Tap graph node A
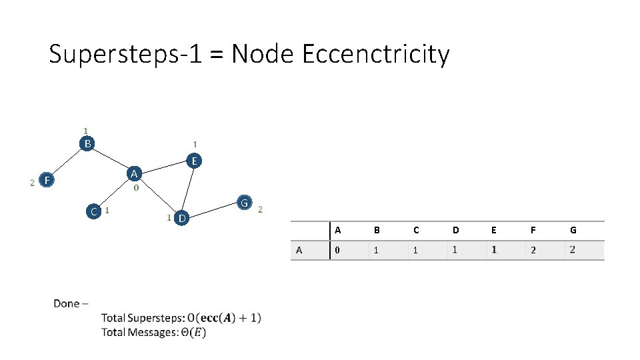135,174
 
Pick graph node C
94,211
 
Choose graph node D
181,218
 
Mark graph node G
245,203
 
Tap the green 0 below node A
136,188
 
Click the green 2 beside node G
260,209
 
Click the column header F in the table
533,231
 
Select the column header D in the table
455,231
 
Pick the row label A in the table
299,251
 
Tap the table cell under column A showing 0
337,251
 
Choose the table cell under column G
573,250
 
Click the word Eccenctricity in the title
376,54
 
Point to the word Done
67,304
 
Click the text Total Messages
139,332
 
